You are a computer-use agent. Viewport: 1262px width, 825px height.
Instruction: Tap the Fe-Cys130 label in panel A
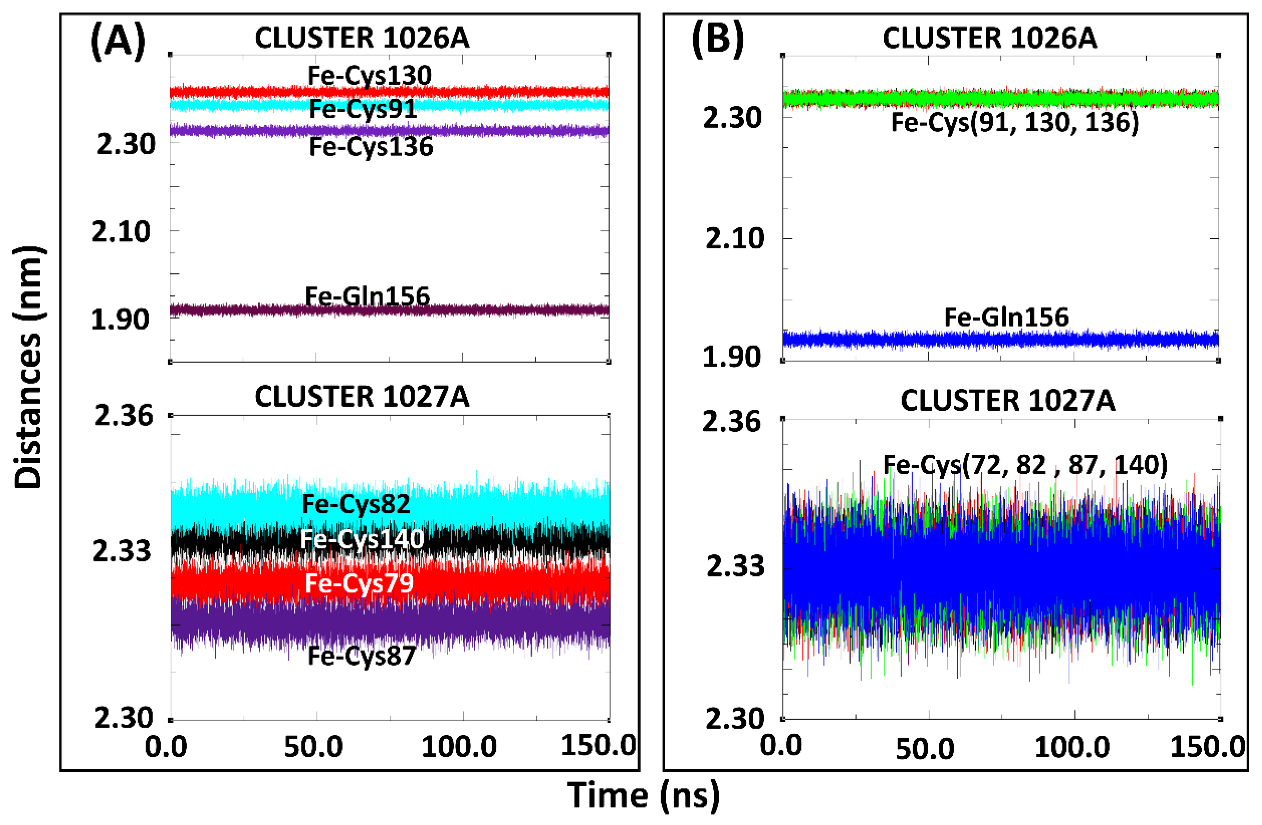point(370,75)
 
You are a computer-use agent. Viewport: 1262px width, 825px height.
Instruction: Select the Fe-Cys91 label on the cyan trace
point(363,109)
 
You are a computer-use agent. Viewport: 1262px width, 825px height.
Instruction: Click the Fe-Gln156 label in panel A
point(367,296)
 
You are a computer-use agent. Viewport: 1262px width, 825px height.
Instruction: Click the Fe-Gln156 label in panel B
point(1007,317)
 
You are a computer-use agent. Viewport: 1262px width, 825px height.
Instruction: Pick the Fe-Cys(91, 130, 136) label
point(1015,123)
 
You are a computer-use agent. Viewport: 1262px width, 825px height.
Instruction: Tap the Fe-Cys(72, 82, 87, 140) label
point(1025,465)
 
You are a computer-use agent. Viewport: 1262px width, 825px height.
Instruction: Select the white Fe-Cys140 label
point(362,539)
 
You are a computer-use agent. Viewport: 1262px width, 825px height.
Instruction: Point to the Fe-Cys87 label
point(362,656)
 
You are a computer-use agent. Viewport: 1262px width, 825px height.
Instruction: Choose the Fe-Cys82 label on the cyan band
point(356,504)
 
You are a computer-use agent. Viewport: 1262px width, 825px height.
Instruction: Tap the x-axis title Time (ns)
point(643,795)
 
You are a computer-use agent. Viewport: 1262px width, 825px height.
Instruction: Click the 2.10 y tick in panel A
point(121,232)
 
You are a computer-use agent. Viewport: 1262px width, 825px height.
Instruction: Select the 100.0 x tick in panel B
point(1072,748)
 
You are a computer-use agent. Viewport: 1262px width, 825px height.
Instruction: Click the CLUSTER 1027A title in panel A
point(362,397)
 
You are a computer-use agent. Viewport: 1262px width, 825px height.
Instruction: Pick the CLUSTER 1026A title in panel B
point(989,38)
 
